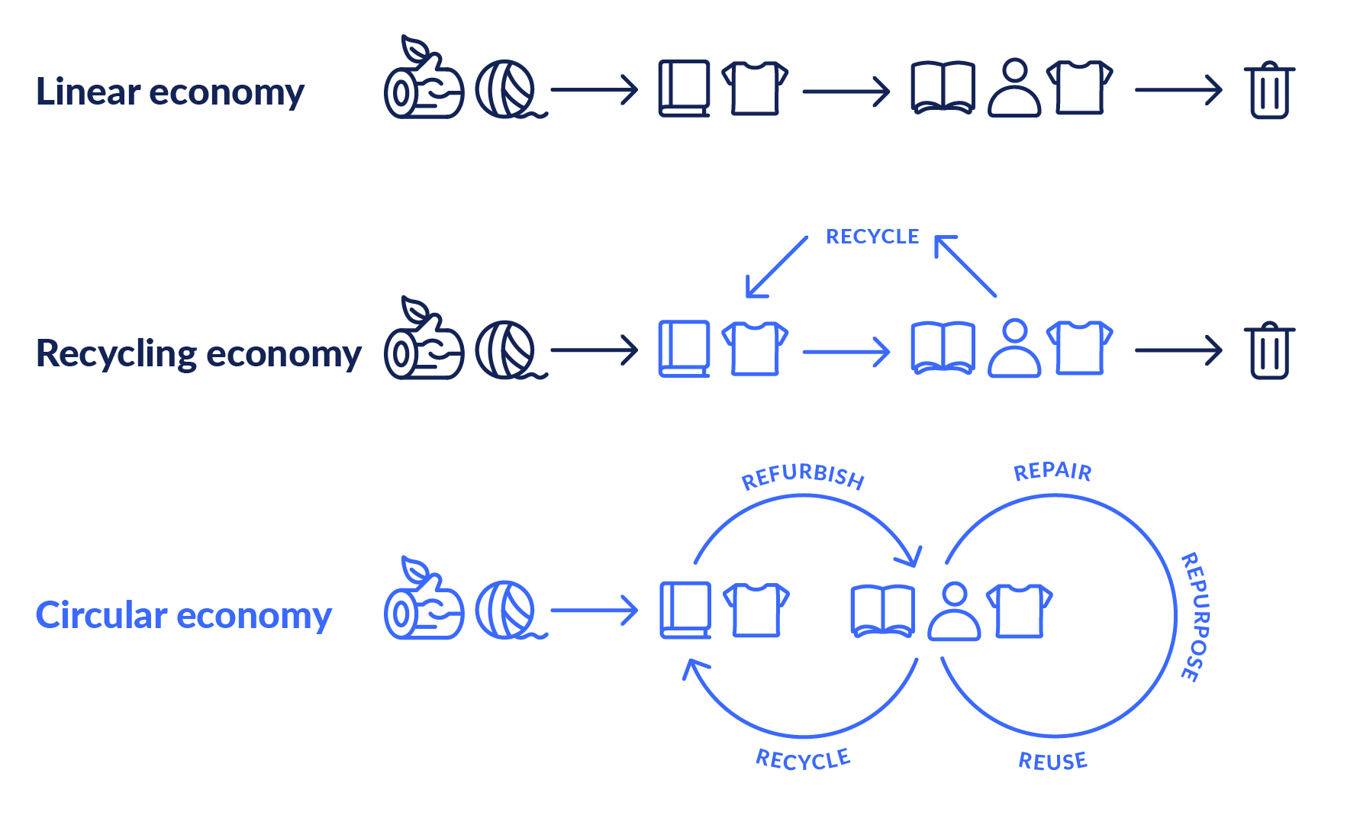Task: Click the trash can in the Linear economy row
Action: click(1269, 90)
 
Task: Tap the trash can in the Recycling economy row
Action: click(1269, 351)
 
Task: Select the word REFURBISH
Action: click(803, 476)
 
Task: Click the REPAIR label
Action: click(1052, 472)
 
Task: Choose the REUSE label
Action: click(1052, 761)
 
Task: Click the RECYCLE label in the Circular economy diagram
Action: click(803, 759)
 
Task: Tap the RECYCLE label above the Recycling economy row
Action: click(872, 237)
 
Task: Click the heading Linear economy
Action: click(170, 92)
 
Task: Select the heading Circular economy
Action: click(183, 615)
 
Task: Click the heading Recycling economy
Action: click(198, 353)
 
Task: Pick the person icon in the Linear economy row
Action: click(1014, 89)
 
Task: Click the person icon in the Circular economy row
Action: click(954, 611)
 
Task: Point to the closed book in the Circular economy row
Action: click(685, 611)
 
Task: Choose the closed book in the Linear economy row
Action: click(684, 89)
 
